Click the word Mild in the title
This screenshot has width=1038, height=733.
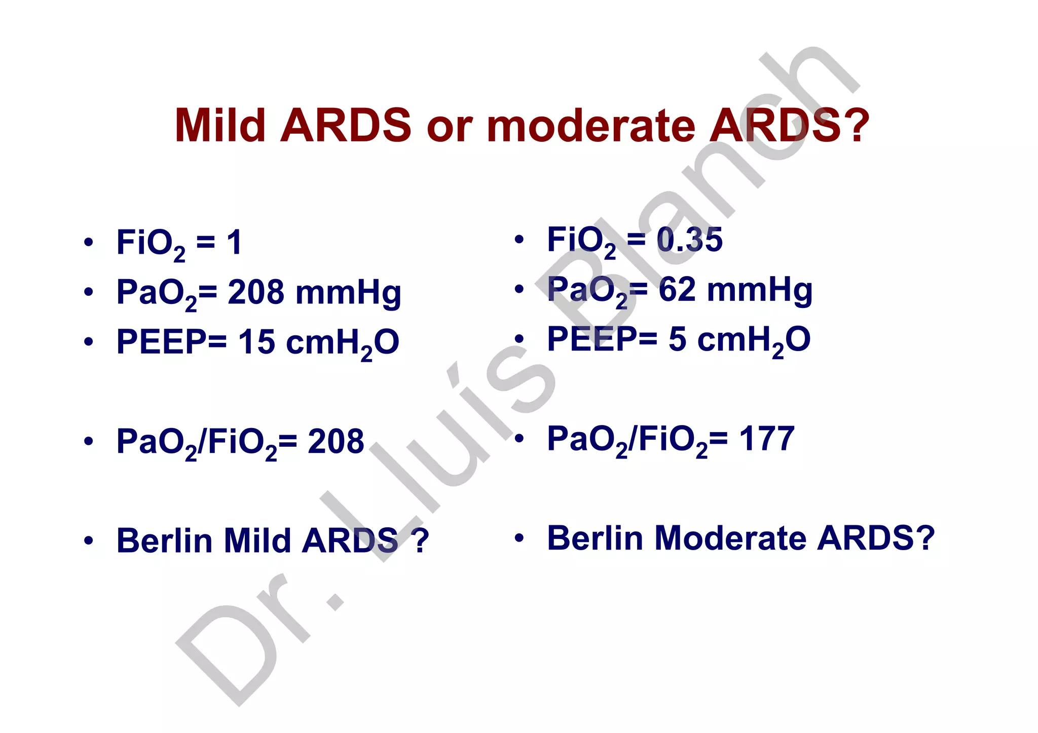[219, 125]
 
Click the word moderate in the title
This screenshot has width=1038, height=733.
[590, 125]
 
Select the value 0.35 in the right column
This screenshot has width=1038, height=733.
[689, 239]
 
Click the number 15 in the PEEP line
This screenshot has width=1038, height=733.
[256, 341]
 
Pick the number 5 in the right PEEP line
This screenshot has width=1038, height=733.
[677, 339]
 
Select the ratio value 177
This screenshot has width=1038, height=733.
[766, 439]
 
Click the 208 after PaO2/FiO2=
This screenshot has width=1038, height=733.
[336, 441]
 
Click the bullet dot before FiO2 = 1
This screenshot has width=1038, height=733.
[89, 243]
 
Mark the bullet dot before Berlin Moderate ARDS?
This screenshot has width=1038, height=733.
[519, 538]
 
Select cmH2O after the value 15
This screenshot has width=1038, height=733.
[343, 343]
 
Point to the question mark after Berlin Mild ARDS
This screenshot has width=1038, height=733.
[421, 541]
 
